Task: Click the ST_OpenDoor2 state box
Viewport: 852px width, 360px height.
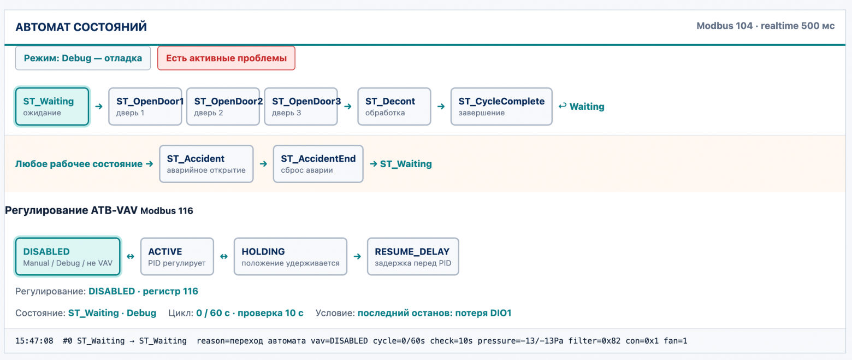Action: coord(223,107)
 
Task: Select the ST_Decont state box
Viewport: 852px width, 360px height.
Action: coord(394,107)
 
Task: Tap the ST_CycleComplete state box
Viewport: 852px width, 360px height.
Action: coord(501,107)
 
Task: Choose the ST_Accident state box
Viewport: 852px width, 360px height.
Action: coord(206,164)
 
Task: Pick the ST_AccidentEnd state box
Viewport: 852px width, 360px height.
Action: coord(318,164)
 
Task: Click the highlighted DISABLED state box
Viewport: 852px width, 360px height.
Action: coord(68,257)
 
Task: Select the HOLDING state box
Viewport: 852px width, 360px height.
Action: coord(290,257)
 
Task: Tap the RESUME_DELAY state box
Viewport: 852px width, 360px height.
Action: coord(413,257)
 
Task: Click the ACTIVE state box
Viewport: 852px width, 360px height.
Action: coord(177,257)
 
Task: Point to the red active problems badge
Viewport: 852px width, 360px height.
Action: coord(226,58)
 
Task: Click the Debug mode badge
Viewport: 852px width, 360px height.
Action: coord(83,58)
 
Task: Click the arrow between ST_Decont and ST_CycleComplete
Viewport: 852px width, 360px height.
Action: coord(441,107)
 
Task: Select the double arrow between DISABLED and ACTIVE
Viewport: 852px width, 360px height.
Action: coord(131,257)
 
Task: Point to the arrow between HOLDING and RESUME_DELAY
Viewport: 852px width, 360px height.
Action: coord(357,257)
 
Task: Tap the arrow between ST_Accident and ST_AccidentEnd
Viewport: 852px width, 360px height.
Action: coord(263,164)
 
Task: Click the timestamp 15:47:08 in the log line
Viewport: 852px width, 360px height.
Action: coord(34,341)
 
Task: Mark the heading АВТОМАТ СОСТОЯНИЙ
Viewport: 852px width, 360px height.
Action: coord(81,27)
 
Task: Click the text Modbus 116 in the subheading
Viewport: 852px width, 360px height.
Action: coord(167,211)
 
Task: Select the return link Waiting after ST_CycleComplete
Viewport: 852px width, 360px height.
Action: coord(581,107)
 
